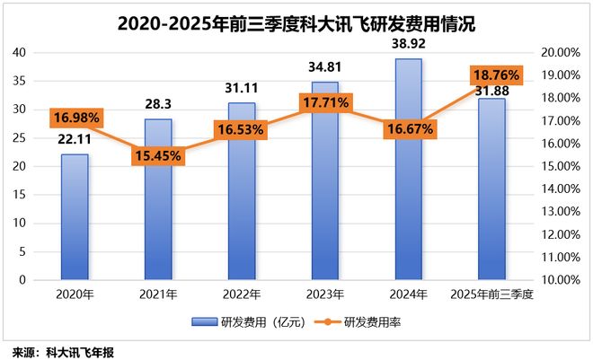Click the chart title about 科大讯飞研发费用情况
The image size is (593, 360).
click(x=296, y=22)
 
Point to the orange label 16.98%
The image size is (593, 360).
click(x=75, y=117)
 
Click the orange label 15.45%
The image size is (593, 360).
click(x=158, y=155)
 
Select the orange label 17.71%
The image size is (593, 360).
click(x=324, y=103)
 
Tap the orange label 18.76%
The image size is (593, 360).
click(x=491, y=75)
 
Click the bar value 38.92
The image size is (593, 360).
click(x=409, y=43)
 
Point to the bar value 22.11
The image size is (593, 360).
click(x=75, y=139)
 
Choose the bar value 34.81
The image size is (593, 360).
click(x=324, y=67)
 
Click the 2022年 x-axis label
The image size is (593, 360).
click(x=241, y=294)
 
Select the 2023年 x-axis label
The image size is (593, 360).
click(x=324, y=294)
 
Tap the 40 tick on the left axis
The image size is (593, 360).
click(x=17, y=53)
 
